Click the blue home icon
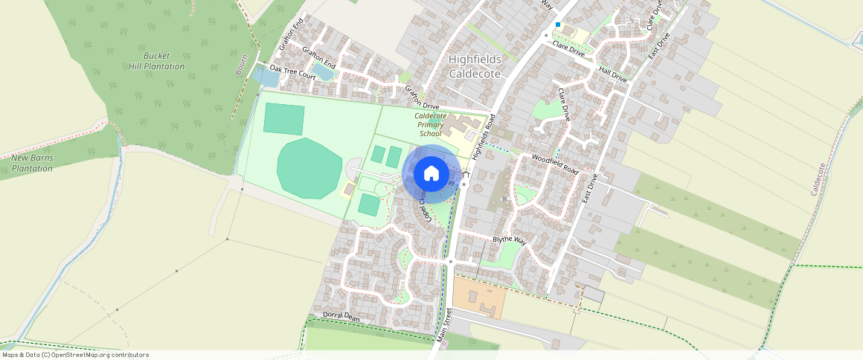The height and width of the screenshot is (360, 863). (x=431, y=174)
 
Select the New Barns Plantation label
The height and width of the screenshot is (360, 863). (x=32, y=163)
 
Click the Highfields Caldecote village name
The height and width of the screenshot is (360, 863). (x=475, y=66)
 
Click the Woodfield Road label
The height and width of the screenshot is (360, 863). (x=554, y=164)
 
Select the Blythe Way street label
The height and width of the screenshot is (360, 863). (x=509, y=240)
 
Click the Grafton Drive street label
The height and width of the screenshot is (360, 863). (x=422, y=98)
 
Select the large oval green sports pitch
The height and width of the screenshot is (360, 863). (x=309, y=168)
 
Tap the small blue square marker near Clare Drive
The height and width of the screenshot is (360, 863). (x=557, y=25)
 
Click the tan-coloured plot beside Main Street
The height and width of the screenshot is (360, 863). (x=479, y=295)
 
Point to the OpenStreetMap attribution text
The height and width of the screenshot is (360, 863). (x=75, y=355)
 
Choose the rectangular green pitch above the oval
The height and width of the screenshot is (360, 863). (x=283, y=119)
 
